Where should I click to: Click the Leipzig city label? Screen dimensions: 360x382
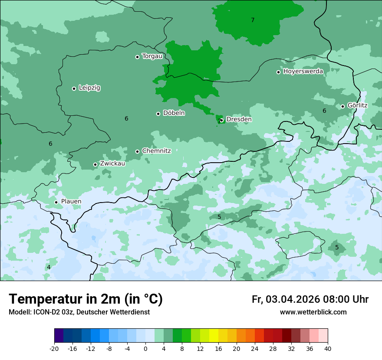pos(89,88)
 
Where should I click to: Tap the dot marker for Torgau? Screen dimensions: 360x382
pos(137,57)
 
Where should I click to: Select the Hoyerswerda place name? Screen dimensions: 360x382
pos(303,71)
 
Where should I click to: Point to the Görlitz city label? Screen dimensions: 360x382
pos(357,105)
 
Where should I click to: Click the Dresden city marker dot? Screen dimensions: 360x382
pos(222,120)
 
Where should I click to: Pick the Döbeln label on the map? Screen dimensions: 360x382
pos(174,113)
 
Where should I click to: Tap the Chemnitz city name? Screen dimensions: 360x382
pos(156,151)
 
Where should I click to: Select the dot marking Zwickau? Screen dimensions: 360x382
pos(95,164)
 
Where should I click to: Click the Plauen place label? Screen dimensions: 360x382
pos(71,202)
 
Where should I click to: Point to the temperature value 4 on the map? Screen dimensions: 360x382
pos(49,267)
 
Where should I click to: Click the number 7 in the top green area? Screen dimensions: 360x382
pos(253,20)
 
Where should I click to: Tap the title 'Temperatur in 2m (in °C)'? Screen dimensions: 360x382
pos(86,299)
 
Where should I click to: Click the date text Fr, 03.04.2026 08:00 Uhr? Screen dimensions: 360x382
pos(310,299)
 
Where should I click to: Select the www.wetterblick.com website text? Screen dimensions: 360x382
pos(313,312)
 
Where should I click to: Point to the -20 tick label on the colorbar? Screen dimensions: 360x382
pos(54,349)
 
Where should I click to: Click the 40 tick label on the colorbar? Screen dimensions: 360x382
pos(328,349)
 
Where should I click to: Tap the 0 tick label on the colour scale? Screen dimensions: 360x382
pos(145,349)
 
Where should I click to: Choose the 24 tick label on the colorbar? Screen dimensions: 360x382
pos(255,349)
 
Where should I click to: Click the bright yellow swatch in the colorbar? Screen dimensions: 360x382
pos(214,336)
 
